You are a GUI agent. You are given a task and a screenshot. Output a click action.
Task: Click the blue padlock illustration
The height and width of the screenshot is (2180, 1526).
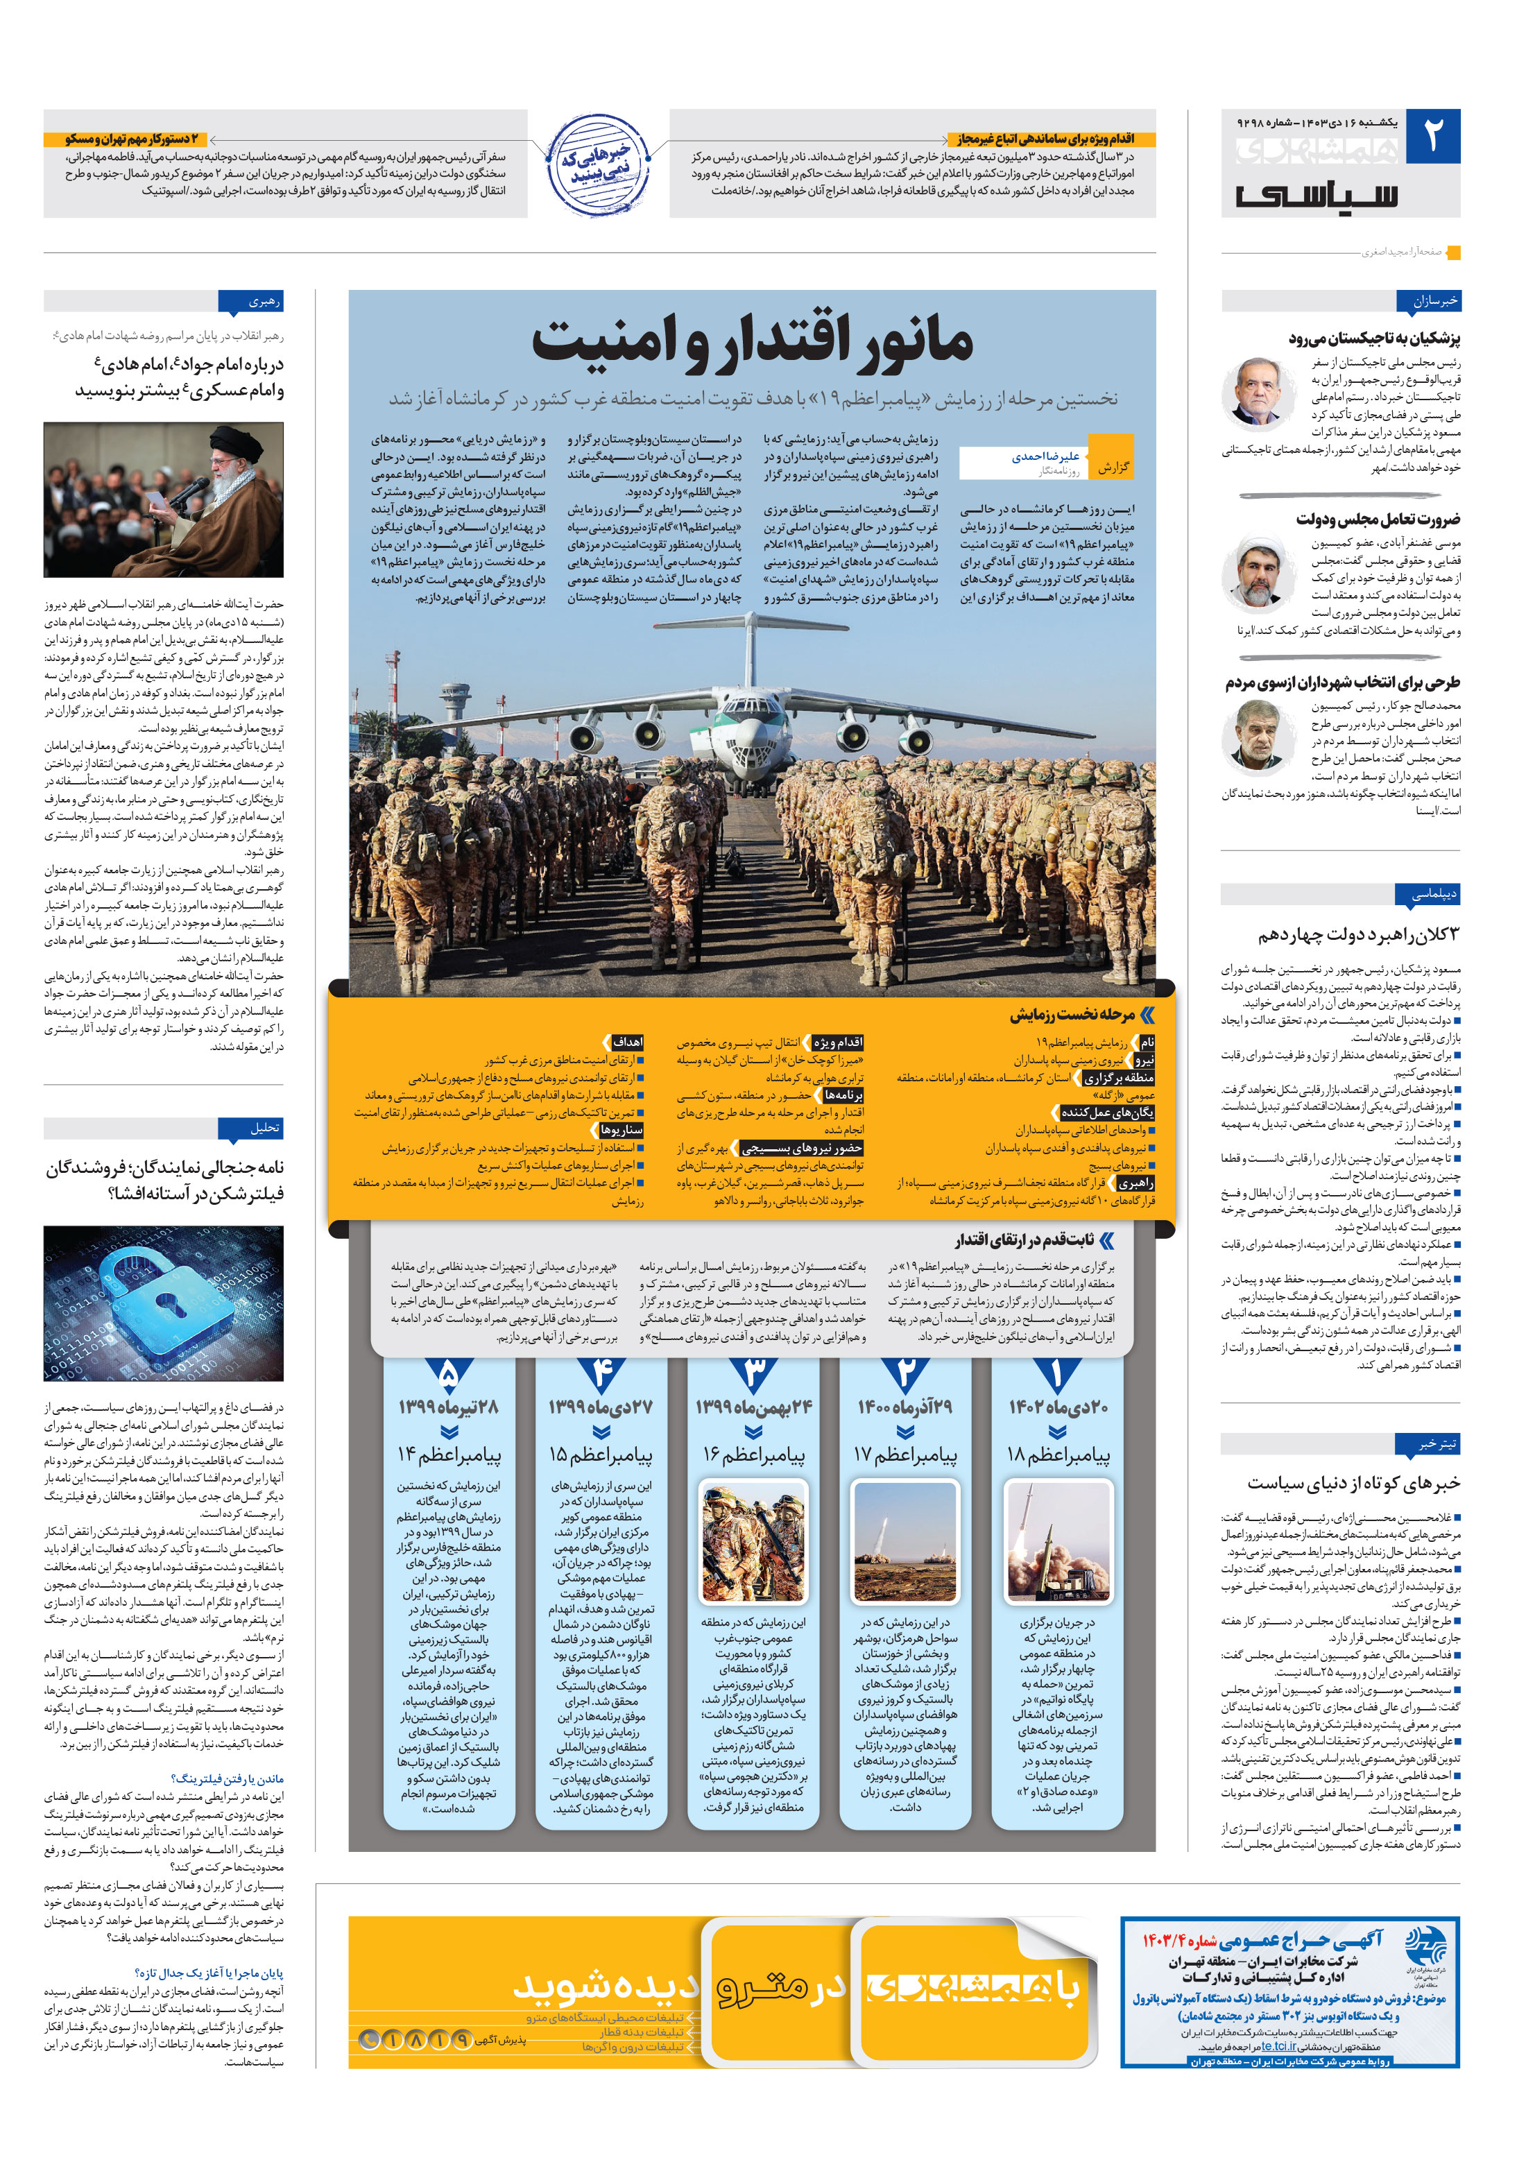163,1302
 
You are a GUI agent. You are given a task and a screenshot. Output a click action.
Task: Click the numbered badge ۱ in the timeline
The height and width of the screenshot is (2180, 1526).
1056,1373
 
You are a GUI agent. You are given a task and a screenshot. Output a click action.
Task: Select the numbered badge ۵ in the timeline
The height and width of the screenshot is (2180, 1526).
449,1373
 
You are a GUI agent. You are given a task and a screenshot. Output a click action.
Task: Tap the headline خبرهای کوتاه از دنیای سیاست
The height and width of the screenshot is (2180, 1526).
1353,1482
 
